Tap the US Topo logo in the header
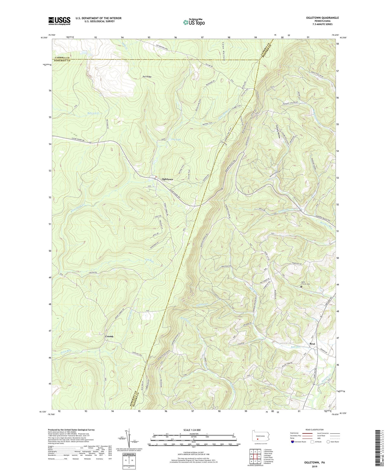coord(194,22)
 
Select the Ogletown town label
coord(167,179)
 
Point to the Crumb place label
coord(109,336)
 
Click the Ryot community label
coord(312,344)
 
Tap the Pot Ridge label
coord(147,77)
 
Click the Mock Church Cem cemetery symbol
coord(301,286)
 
